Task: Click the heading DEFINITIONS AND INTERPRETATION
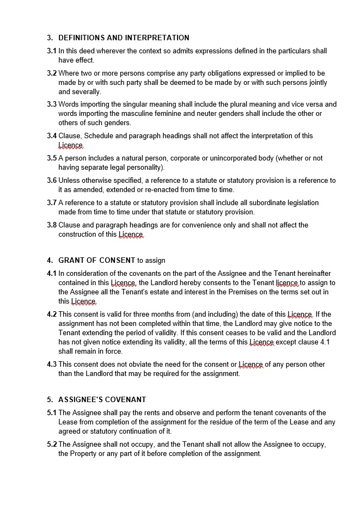pyautogui.click(x=124, y=38)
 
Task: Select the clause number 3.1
pyautogui.click(x=52, y=51)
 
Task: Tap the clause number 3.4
pyautogui.click(x=52, y=136)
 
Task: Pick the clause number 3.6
pyautogui.click(x=52, y=181)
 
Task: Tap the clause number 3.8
pyautogui.click(x=52, y=225)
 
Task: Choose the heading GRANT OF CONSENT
pyautogui.click(x=96, y=260)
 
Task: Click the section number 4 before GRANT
pyautogui.click(x=50, y=260)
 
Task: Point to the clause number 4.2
pyautogui.click(x=52, y=314)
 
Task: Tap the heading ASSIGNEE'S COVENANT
pyautogui.click(x=102, y=399)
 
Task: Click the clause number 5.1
pyautogui.click(x=52, y=413)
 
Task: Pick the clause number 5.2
pyautogui.click(x=52, y=445)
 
